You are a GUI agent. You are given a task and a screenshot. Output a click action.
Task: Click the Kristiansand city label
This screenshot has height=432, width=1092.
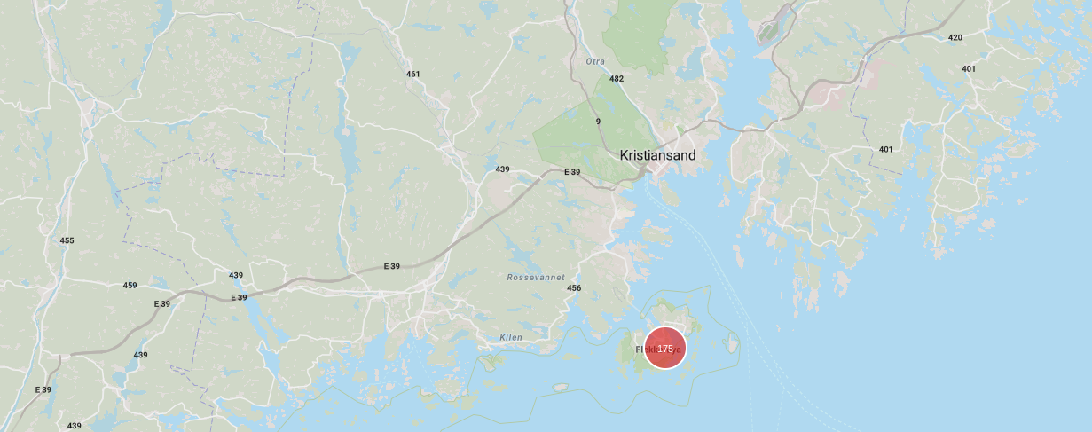pyautogui.click(x=657, y=155)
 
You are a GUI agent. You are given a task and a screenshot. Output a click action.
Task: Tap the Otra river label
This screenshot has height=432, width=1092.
pyautogui.click(x=595, y=61)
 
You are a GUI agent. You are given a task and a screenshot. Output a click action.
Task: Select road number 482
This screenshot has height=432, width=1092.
pyautogui.click(x=617, y=79)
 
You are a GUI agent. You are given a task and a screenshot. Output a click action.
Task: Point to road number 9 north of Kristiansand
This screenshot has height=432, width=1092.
pyautogui.click(x=598, y=122)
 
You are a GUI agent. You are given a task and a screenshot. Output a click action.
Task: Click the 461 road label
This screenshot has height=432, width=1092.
pyautogui.click(x=412, y=74)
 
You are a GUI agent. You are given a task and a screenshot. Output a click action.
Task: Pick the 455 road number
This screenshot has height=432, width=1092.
pyautogui.click(x=67, y=240)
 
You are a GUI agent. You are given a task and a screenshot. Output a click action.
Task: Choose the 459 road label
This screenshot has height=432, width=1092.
pyautogui.click(x=130, y=285)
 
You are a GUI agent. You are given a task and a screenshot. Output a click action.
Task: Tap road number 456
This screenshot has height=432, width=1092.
pyautogui.click(x=574, y=288)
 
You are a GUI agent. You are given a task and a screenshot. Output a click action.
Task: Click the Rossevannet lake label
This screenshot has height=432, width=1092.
pyautogui.click(x=536, y=278)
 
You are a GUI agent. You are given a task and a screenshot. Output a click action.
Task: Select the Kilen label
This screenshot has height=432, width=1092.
pyautogui.click(x=511, y=338)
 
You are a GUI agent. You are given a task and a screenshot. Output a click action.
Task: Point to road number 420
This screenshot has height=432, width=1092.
pyautogui.click(x=955, y=37)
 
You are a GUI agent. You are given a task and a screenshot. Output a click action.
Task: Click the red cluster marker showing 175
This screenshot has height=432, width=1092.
pyautogui.click(x=665, y=349)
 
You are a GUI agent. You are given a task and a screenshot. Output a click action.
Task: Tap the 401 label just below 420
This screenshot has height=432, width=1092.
pyautogui.click(x=969, y=68)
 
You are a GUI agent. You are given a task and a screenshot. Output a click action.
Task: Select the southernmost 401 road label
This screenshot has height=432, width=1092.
pyautogui.click(x=885, y=149)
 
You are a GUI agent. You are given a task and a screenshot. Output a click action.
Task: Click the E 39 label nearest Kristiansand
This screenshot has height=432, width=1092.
pyautogui.click(x=572, y=171)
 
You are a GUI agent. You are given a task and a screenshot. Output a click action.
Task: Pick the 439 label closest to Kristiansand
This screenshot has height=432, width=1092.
pyautogui.click(x=503, y=169)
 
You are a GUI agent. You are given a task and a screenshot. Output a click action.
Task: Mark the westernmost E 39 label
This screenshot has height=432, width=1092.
pyautogui.click(x=43, y=389)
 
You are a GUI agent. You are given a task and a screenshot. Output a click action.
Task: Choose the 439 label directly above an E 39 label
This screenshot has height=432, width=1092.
pyautogui.click(x=236, y=276)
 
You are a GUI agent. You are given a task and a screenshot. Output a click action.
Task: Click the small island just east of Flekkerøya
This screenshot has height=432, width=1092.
pyautogui.click(x=732, y=342)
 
